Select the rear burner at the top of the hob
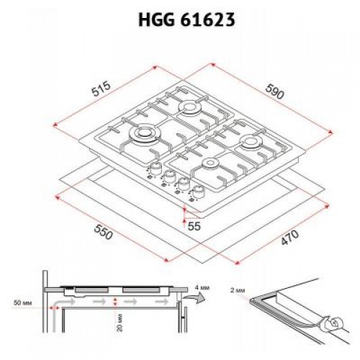(x=190, y=109)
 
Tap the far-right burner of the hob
(x=252, y=143)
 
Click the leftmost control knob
(x=153, y=169)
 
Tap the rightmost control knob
(x=199, y=192)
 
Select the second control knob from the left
(x=168, y=176)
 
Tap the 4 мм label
(x=202, y=289)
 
